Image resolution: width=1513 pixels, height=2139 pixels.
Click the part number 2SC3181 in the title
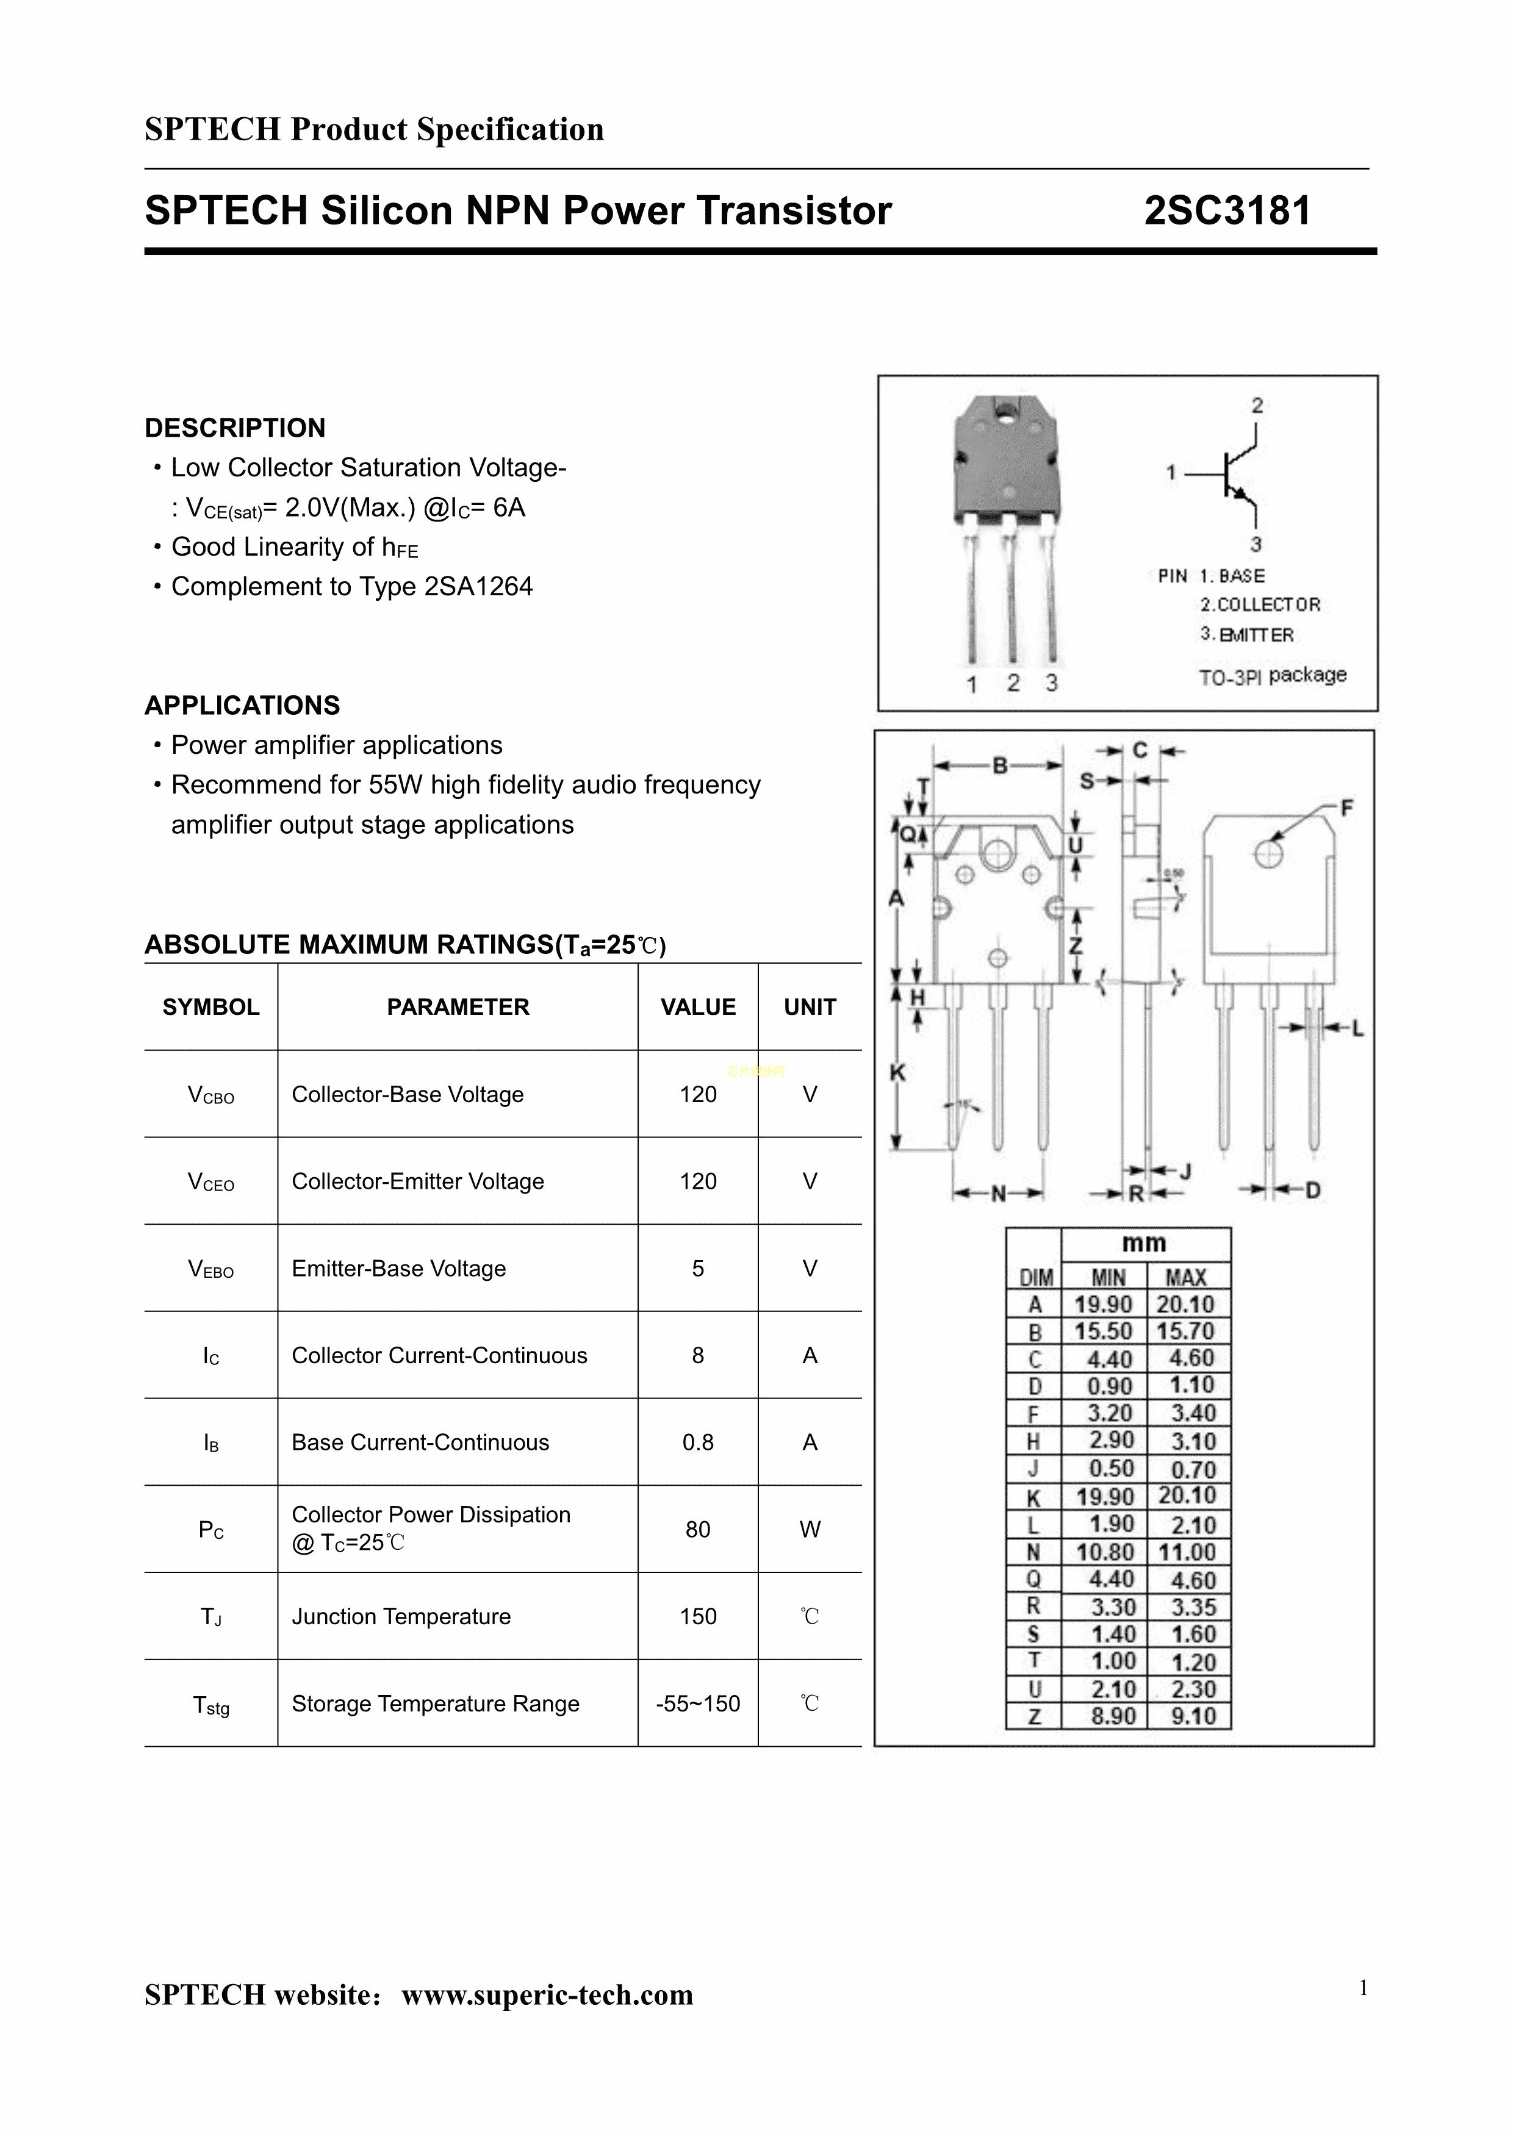point(1227,210)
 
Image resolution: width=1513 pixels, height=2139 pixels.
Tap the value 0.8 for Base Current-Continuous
point(698,1442)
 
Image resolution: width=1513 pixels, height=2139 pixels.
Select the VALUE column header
point(698,1007)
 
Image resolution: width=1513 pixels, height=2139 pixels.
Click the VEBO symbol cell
point(212,1269)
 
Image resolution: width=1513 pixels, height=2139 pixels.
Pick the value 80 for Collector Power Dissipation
point(698,1529)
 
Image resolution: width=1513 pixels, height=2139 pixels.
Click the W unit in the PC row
point(810,1529)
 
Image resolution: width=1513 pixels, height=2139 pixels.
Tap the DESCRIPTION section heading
point(235,428)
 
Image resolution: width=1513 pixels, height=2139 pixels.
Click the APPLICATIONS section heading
point(242,705)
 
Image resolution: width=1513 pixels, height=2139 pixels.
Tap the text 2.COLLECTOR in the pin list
point(1260,604)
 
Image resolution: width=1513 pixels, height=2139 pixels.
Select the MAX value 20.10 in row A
point(1186,1304)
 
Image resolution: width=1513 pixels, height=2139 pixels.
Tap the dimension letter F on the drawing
point(1346,808)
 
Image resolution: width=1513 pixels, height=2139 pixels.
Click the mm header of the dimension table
point(1144,1243)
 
